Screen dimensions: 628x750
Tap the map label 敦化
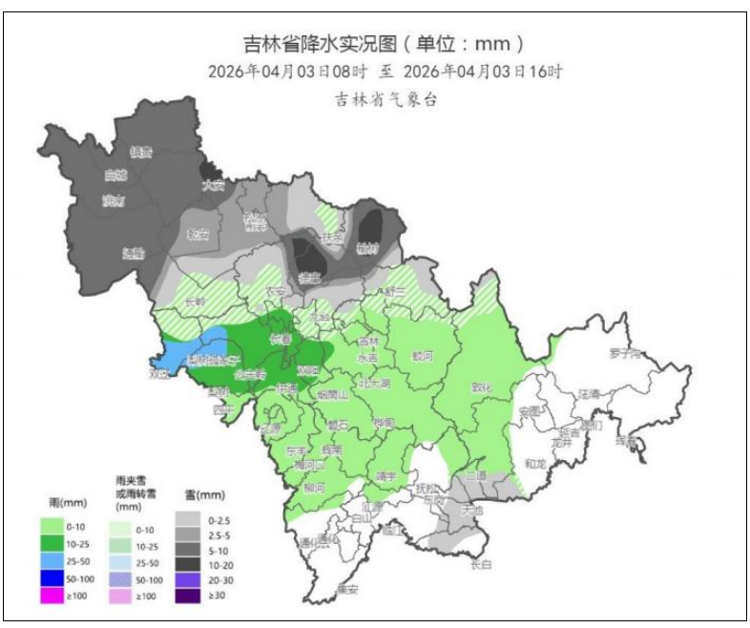(x=483, y=388)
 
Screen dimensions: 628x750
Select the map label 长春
(x=280, y=339)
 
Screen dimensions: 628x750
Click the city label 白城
(x=115, y=176)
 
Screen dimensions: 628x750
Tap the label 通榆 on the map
(x=134, y=253)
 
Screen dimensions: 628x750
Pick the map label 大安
(x=212, y=185)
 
